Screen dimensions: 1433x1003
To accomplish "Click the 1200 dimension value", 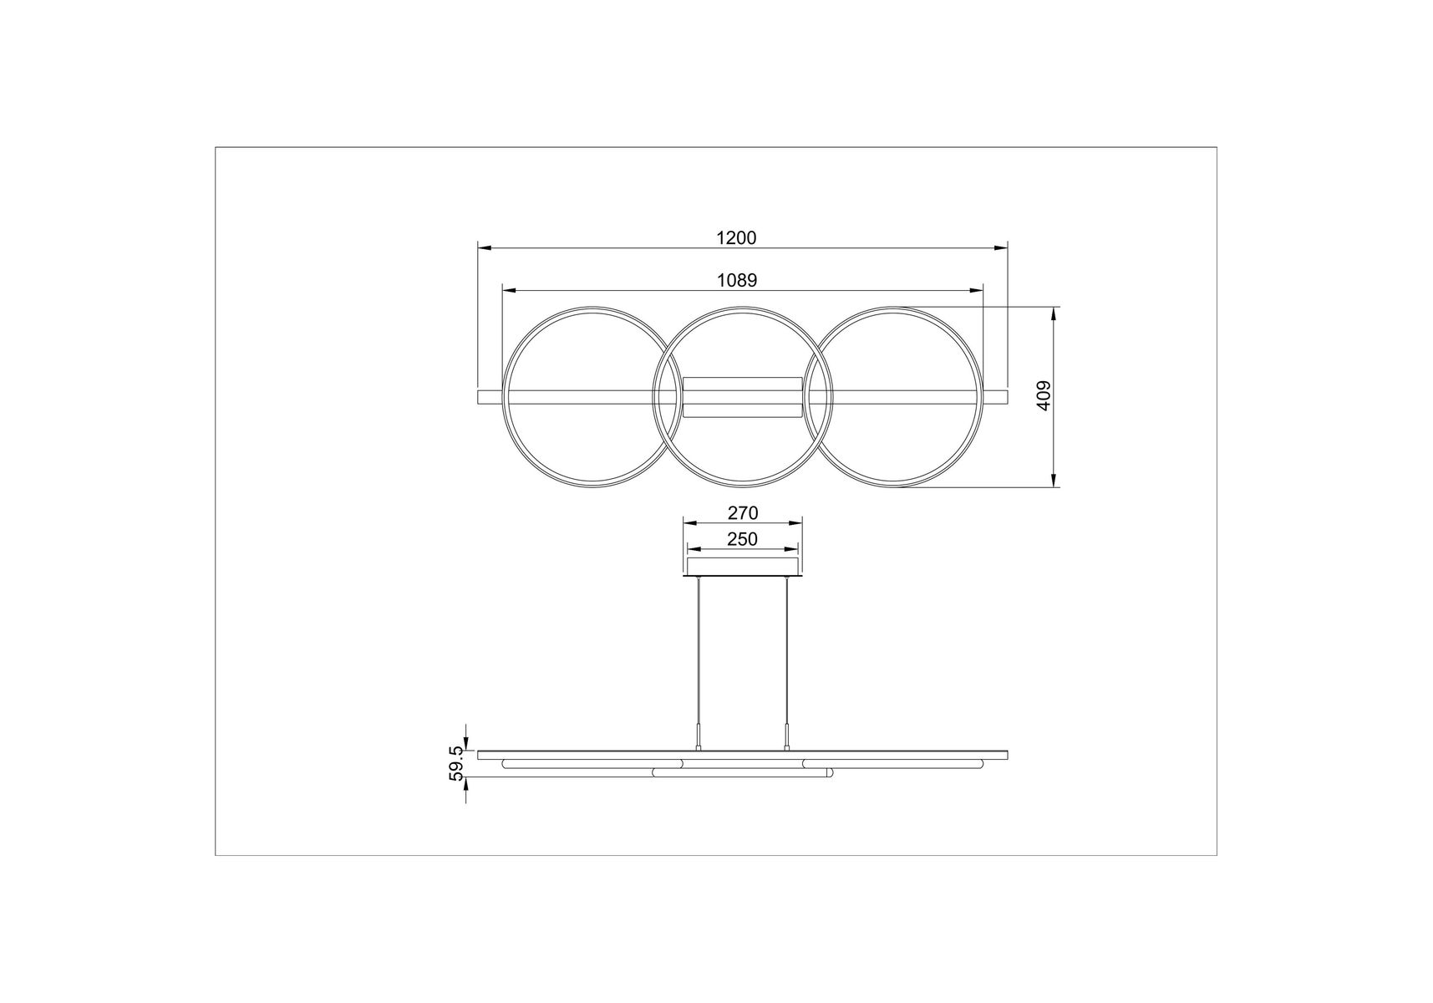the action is (x=736, y=238).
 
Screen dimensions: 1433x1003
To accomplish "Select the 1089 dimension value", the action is (x=737, y=281).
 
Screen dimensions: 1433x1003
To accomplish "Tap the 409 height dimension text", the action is (x=1043, y=396).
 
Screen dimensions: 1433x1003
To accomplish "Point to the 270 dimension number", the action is (x=743, y=512).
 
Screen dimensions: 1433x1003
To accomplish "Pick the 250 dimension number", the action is (x=742, y=539).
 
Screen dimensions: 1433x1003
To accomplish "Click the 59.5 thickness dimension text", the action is (x=456, y=763).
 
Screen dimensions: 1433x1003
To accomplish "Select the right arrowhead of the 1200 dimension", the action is (x=1001, y=248).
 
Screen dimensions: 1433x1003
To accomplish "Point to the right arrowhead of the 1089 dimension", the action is (x=976, y=291).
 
